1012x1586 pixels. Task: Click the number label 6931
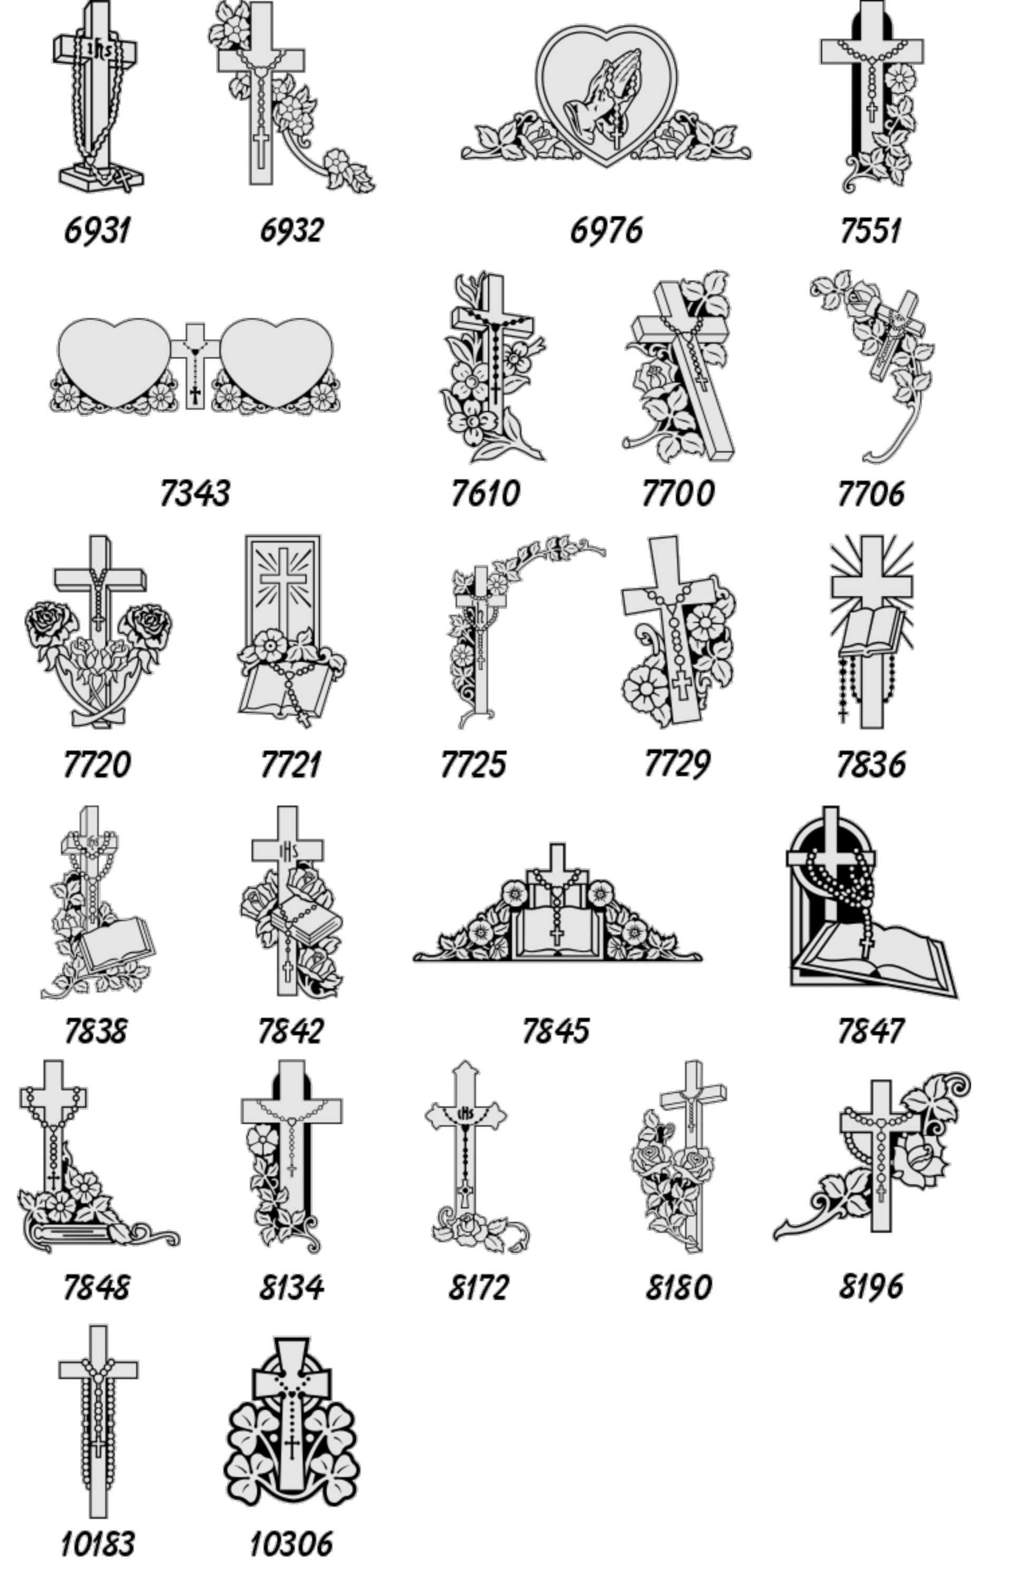point(98,230)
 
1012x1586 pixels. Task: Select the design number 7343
point(195,494)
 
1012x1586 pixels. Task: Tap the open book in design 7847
point(875,960)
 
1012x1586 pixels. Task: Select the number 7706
point(870,494)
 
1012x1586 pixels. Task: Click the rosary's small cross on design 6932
point(261,151)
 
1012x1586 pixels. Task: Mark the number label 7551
point(870,230)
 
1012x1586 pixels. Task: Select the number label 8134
point(291,1287)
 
